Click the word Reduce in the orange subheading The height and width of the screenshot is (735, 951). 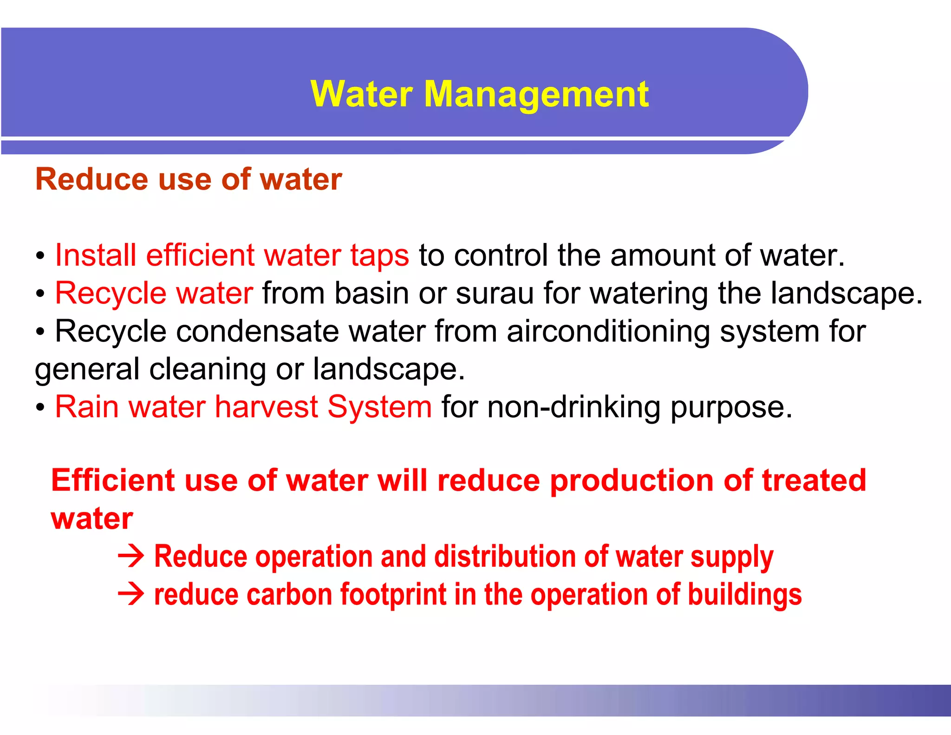point(91,180)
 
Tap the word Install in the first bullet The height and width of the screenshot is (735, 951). point(96,256)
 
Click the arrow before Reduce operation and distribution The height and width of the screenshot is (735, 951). point(131,557)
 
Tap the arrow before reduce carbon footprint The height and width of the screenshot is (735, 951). point(131,595)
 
